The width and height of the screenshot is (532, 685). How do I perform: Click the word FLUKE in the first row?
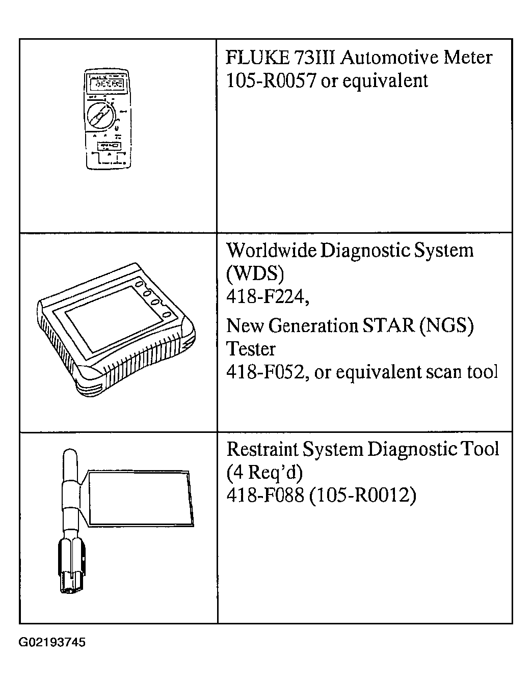click(x=258, y=58)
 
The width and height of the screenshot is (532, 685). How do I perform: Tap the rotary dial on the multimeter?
click(x=101, y=117)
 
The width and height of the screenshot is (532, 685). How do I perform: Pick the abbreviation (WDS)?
click(x=255, y=273)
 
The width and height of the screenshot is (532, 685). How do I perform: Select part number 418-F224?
click(x=267, y=296)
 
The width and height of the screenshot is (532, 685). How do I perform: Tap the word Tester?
click(x=251, y=349)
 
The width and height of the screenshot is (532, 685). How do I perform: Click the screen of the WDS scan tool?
click(x=114, y=319)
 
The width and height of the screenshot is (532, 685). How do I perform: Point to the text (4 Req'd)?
click(x=264, y=472)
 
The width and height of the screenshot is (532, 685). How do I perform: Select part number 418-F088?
click(x=265, y=495)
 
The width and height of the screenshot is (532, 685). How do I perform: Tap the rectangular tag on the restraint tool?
click(x=140, y=499)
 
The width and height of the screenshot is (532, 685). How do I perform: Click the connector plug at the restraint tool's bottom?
click(x=71, y=566)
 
